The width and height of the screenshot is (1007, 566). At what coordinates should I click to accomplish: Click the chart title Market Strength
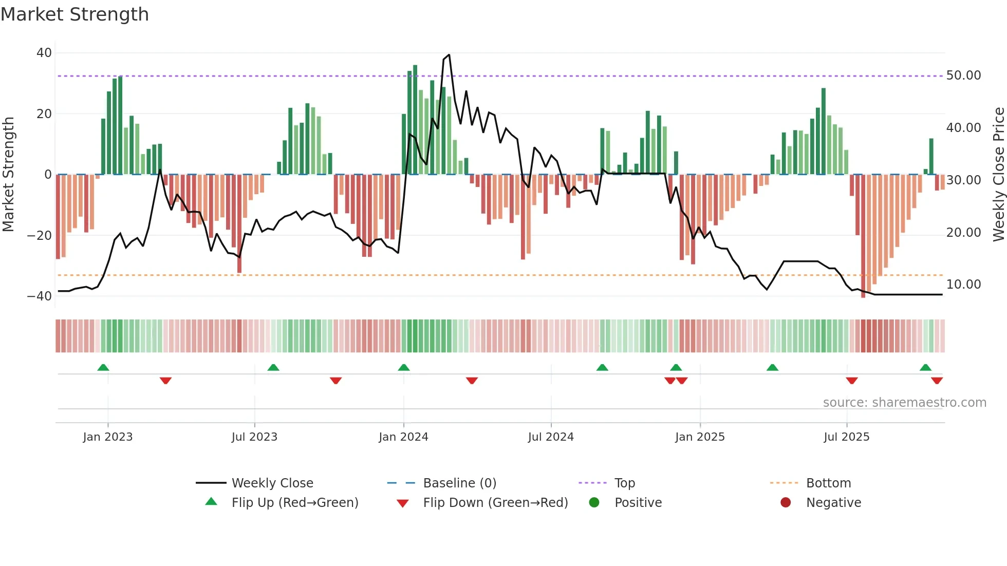(74, 14)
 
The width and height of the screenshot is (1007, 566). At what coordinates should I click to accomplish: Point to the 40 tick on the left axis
(44, 53)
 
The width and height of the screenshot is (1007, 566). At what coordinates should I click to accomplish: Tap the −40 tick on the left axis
(40, 296)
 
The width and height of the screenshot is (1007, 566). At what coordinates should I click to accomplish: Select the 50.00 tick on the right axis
(963, 76)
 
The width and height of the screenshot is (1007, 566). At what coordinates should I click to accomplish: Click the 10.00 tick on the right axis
(963, 285)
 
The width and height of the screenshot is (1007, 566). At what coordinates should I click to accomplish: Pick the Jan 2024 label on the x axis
(403, 437)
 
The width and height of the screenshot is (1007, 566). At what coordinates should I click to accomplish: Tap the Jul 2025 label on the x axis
(846, 437)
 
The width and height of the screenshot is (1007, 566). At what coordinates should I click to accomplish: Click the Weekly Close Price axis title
(998, 175)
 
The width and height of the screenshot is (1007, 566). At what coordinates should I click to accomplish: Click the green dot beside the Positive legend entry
(594, 503)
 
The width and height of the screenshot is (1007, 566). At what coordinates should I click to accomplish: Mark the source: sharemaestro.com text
(904, 403)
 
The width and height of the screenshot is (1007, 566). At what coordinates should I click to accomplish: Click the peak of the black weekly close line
(449, 55)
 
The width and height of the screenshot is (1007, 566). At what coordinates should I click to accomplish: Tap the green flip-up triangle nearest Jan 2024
(404, 367)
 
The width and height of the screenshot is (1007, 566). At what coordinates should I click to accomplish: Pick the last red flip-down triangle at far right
(937, 381)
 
